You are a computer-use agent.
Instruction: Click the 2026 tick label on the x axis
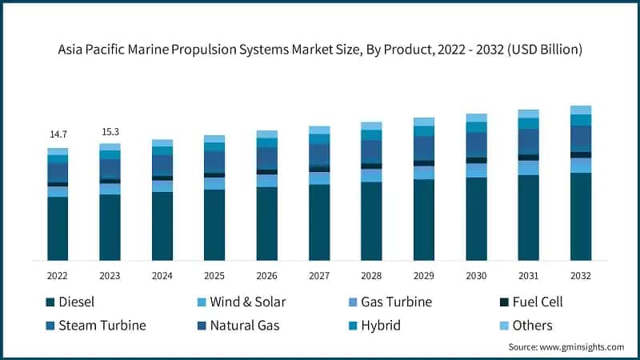tap(266, 274)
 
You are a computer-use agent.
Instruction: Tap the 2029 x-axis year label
tap(423, 274)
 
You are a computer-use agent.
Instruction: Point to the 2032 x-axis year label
tap(580, 274)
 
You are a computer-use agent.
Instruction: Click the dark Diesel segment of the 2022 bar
tap(58, 228)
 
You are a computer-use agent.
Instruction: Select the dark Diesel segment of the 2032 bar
tap(580, 216)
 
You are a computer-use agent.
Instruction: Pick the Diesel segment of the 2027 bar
tap(318, 222)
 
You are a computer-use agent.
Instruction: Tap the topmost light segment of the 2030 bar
tap(476, 118)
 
